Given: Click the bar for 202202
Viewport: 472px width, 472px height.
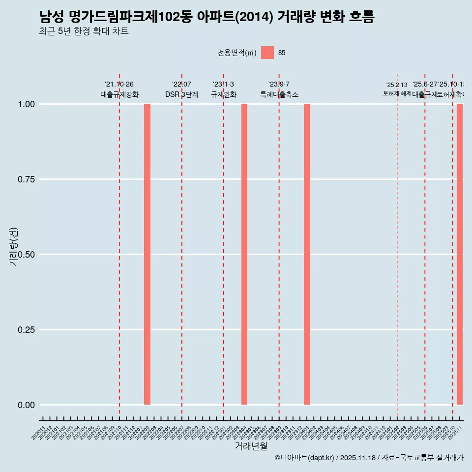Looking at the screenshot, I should (x=147, y=254).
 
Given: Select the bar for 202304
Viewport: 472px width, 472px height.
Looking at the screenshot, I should (x=244, y=254).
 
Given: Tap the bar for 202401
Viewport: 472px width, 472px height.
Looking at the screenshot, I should (x=307, y=254).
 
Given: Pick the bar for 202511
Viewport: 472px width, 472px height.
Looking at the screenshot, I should (x=460, y=254).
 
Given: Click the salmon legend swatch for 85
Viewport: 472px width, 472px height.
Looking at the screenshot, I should (x=267, y=53).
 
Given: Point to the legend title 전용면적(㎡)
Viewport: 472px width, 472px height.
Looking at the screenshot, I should (x=237, y=53).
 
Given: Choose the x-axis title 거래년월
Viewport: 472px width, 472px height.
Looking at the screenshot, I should (x=251, y=446).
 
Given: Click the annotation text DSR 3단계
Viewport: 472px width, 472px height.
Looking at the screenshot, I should (x=181, y=94).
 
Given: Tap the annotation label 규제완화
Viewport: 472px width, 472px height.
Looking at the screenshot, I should (x=224, y=94).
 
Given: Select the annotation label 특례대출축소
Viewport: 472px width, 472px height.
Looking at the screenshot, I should (x=279, y=94).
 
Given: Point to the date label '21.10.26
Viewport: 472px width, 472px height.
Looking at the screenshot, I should (x=119, y=85).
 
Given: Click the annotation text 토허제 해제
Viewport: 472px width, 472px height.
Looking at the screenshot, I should (x=397, y=93).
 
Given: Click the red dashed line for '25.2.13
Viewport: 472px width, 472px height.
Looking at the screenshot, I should (x=397, y=246).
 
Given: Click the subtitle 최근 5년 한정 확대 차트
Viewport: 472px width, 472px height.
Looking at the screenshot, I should (x=84, y=31).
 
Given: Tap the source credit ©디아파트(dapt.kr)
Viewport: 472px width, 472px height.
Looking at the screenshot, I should (x=305, y=458).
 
